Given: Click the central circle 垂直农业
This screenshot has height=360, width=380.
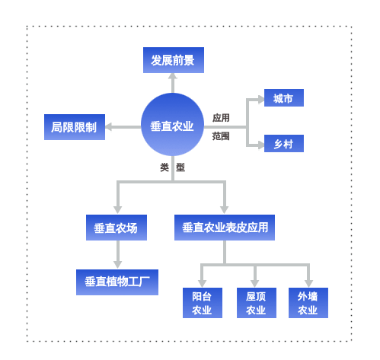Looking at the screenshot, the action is [x=172, y=124].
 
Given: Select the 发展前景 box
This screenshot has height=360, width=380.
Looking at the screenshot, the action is [x=174, y=60].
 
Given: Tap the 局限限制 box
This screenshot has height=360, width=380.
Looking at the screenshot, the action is [x=75, y=127].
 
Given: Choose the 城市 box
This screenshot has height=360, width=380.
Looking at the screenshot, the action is [x=284, y=97].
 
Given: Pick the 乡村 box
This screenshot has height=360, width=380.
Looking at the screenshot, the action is [x=284, y=143].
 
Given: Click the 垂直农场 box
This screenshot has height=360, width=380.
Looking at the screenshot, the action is [x=117, y=228].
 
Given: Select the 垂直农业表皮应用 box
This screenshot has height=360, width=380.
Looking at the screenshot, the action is [x=225, y=228].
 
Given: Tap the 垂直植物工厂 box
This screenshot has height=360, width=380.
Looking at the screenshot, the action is [x=117, y=282].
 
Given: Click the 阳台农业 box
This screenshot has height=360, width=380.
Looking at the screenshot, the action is [x=203, y=303].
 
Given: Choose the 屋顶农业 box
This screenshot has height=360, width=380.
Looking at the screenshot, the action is [x=257, y=303].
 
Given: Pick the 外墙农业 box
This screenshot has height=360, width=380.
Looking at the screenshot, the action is [x=308, y=303].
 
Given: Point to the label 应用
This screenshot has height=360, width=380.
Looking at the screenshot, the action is [x=221, y=118].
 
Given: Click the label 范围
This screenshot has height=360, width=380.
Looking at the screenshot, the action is [x=221, y=136].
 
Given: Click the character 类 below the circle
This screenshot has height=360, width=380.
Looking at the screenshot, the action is [x=164, y=167].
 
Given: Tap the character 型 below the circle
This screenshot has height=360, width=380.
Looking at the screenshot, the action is [x=180, y=167].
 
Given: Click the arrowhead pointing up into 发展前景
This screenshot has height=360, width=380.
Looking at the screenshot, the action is [x=173, y=76].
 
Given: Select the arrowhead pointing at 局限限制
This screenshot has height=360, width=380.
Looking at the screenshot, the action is [x=108, y=127].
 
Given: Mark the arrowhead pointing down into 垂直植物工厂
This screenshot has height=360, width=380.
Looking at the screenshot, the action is [x=117, y=265].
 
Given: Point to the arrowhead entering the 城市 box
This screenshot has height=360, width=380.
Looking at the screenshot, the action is [x=261, y=99].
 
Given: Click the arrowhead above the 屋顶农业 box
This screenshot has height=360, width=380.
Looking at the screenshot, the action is [x=254, y=284].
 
